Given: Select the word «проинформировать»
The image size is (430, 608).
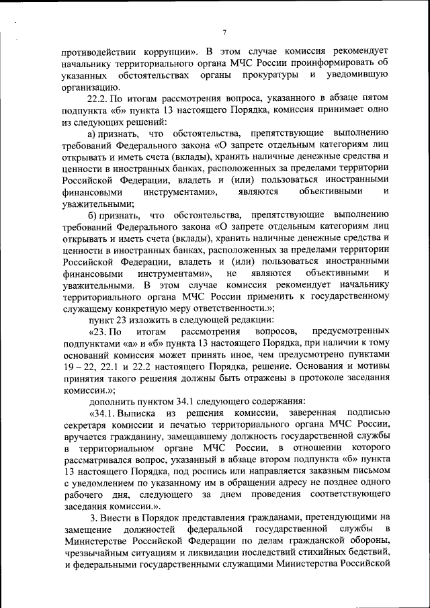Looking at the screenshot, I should pos(329,64).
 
